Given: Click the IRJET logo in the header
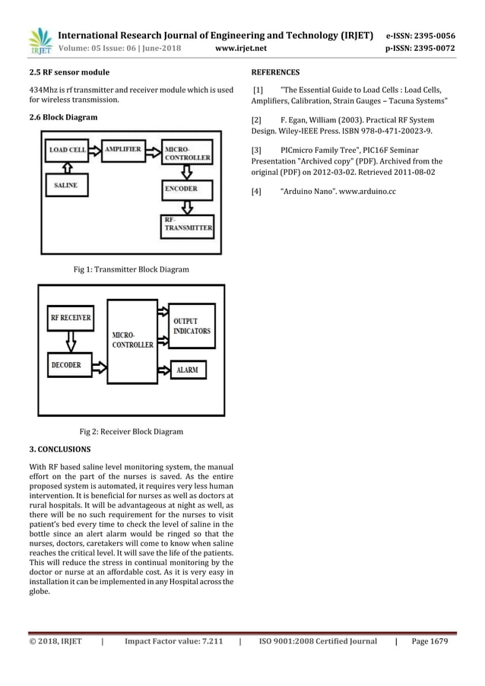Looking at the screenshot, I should [39, 42].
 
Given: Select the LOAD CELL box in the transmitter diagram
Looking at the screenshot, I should [68, 151].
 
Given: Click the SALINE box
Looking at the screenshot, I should [67, 185].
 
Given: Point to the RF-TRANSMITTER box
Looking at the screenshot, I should [186, 224].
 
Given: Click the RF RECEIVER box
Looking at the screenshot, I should [70, 317].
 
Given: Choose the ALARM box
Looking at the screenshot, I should [187, 370].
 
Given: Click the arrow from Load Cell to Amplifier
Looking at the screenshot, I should [94, 151].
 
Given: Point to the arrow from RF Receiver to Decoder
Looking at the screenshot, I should [70, 341].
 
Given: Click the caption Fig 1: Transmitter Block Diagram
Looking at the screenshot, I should [131, 269].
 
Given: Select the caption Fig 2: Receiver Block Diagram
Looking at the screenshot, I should [131, 432].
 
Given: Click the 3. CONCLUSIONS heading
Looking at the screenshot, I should [59, 449].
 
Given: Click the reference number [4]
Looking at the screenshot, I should [256, 192].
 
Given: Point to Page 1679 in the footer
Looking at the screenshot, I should [427, 641].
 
